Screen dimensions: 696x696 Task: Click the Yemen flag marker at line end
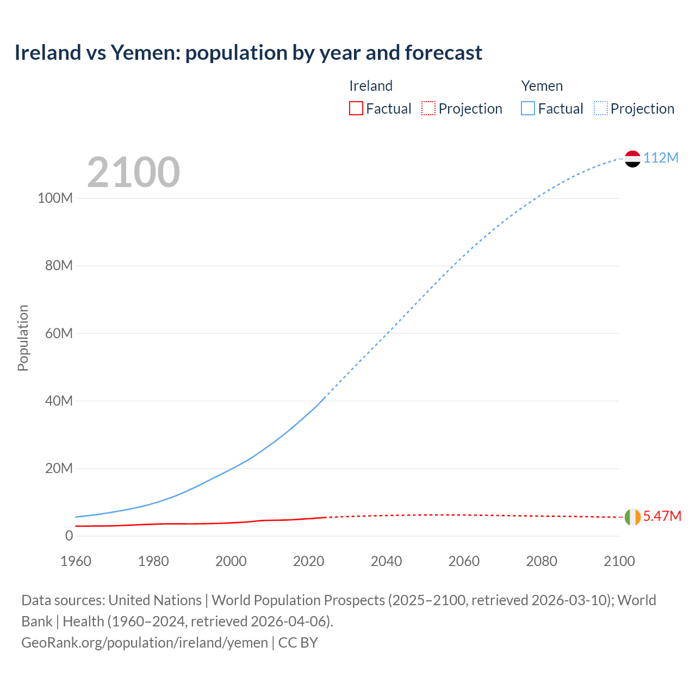[632, 159]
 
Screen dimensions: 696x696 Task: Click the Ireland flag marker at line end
[632, 517]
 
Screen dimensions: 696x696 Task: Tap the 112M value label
[661, 158]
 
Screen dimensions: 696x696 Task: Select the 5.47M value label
[662, 516]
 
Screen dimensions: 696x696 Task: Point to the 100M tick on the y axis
[55, 198]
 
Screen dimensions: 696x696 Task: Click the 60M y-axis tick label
[59, 333]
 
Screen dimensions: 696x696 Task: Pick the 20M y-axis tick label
[59, 468]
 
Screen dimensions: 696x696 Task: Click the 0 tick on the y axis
[69, 536]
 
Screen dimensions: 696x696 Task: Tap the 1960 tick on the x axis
[76, 561]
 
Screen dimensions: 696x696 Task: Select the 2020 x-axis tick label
[308, 561]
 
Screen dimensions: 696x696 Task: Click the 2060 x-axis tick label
[464, 561]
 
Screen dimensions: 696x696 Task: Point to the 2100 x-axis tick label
[619, 561]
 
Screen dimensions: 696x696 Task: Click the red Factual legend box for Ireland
[356, 109]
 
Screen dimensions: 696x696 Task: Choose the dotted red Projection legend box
[428, 109]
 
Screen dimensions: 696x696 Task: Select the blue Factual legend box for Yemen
[527, 109]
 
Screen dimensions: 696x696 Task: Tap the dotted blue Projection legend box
[600, 109]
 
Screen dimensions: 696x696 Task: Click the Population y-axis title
[23, 338]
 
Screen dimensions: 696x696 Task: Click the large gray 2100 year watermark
[133, 172]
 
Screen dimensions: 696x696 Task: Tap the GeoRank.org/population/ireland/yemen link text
[144, 643]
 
